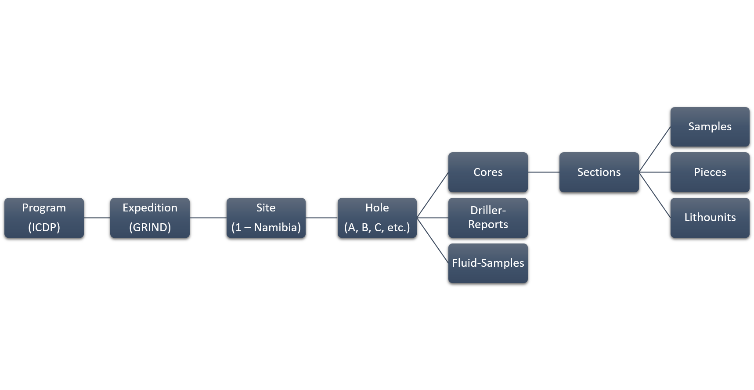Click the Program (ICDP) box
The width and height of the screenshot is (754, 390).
point(44,218)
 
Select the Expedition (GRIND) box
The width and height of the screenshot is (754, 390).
point(150,218)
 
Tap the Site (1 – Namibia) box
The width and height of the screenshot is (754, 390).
point(266,218)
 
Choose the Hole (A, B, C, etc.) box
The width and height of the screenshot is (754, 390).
point(377,218)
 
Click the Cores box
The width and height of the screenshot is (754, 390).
point(488,172)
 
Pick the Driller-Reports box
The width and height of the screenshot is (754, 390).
point(488,218)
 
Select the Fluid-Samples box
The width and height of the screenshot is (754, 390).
point(488,263)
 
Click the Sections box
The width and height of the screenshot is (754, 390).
point(599,172)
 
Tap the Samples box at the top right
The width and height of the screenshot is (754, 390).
point(710,127)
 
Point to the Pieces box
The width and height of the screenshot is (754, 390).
point(710,172)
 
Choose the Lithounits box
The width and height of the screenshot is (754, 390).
point(710,218)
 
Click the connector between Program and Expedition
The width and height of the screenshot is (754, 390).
point(97,218)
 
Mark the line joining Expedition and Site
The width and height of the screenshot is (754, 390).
point(208,218)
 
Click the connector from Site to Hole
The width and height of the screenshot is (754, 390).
point(321,218)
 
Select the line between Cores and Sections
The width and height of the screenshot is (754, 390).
point(544,172)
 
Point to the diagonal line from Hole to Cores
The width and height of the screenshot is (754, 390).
point(433,195)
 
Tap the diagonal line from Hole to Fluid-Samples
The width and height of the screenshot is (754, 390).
point(433,240)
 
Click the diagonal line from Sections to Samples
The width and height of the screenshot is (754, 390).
point(655,149)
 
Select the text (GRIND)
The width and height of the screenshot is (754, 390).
point(150,228)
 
